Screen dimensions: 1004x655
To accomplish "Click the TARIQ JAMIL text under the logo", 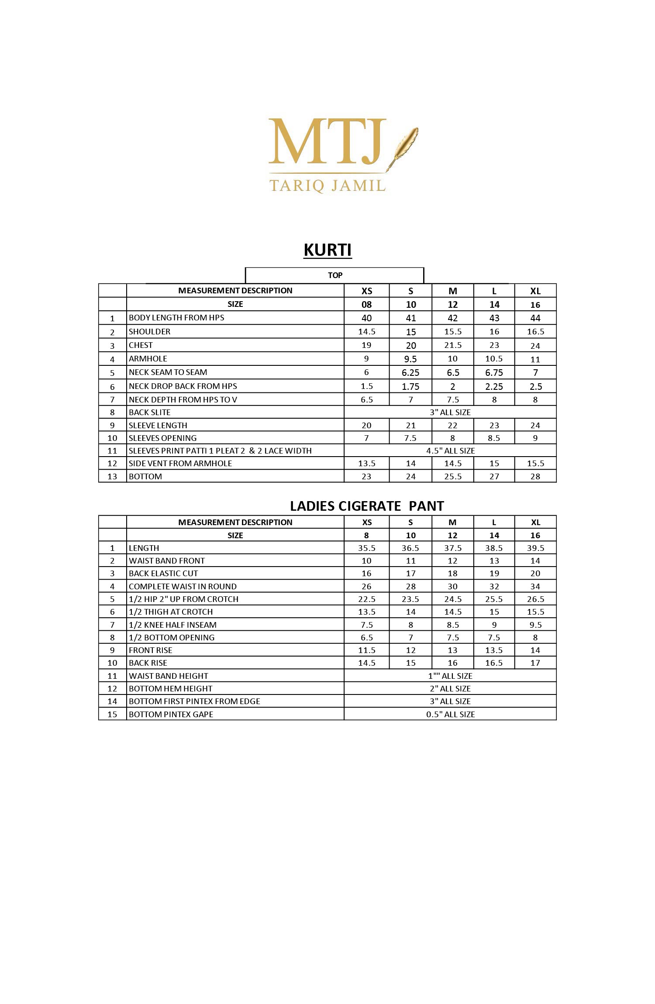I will tap(327, 185).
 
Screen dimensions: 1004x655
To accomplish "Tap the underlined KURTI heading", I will tap(327, 250).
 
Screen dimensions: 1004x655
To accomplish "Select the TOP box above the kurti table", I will tap(335, 275).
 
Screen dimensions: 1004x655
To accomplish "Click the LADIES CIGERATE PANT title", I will tap(367, 506).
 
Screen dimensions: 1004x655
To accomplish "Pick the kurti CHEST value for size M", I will tap(453, 345).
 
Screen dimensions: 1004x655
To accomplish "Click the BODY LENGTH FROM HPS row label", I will tap(176, 318).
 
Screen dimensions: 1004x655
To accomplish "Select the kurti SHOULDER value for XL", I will tap(535, 332).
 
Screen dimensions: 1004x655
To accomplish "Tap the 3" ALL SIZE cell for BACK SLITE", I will tap(450, 412).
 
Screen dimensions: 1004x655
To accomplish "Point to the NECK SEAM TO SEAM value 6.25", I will tap(410, 373).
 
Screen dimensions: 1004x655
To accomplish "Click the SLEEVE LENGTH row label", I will tap(158, 425).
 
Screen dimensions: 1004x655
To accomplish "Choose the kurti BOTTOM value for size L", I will tap(494, 476).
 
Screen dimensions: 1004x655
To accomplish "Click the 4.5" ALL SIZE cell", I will tap(450, 450).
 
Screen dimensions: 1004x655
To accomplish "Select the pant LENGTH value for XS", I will tap(366, 548).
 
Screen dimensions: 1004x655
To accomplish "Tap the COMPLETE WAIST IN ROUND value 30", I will tap(452, 586).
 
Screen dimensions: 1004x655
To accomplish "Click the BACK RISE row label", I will tap(148, 663).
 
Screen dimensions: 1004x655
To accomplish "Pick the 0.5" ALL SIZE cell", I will tap(450, 714).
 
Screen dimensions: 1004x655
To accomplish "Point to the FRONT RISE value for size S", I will tap(410, 650).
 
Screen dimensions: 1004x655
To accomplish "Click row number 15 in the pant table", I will tap(112, 714).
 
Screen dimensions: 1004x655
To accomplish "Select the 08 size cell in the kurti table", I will tap(366, 305).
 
